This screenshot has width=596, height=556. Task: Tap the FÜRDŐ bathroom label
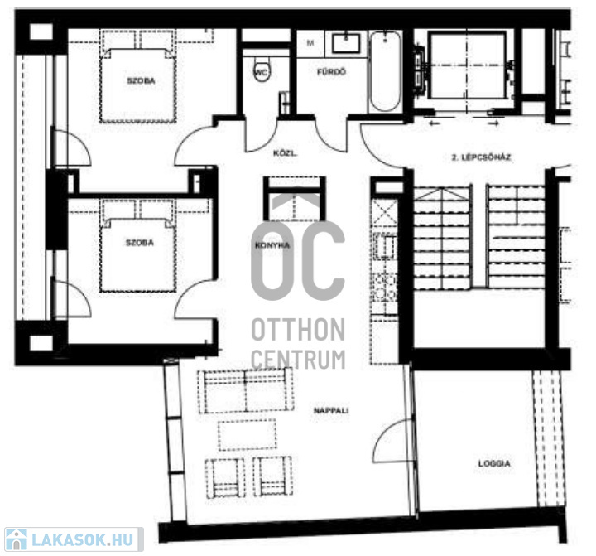331,72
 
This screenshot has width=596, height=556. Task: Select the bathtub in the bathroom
386,71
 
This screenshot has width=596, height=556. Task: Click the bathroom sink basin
346,43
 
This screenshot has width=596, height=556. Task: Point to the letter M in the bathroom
310,43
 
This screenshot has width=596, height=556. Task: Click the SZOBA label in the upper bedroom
141,80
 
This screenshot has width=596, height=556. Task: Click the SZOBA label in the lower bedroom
140,243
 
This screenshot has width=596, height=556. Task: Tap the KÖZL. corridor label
285,154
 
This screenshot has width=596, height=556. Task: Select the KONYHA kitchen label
272,245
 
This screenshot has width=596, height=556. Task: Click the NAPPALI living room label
331,411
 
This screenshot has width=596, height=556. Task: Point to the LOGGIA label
494,463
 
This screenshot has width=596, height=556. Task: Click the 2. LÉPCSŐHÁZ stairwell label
481,157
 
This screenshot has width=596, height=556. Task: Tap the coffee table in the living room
248,435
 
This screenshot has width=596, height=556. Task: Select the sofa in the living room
246,391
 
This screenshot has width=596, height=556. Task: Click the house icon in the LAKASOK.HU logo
17,539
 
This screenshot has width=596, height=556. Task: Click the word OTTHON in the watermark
298,330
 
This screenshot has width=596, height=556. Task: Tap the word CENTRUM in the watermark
298,360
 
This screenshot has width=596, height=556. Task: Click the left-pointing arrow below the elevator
434,123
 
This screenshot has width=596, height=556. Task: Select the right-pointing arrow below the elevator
493,123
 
